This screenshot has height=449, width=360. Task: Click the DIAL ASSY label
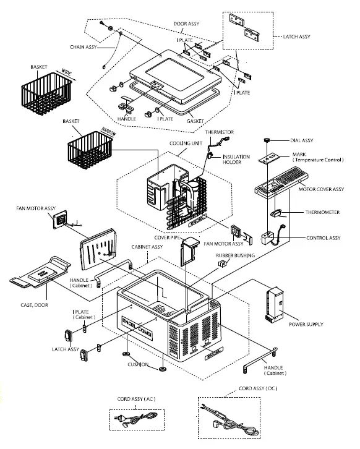(302, 140)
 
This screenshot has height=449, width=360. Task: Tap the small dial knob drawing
(267, 140)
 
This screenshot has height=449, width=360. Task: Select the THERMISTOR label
(220, 132)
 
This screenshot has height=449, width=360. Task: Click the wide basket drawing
(46, 93)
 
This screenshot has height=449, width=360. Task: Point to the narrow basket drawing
(90, 150)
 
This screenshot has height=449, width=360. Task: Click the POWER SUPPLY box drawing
(275, 305)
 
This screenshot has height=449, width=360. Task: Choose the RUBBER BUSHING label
(235, 255)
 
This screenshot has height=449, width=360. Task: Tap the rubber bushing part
(223, 263)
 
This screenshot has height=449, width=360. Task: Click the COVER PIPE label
(167, 237)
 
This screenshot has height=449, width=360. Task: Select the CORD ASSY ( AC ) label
(136, 399)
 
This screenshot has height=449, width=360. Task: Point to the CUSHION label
(138, 364)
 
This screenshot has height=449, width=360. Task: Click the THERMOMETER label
(322, 212)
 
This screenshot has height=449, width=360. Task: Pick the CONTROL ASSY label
(324, 237)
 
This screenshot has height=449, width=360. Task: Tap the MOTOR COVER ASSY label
(321, 189)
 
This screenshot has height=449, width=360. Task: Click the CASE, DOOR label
(34, 305)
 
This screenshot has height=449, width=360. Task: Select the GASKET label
(195, 121)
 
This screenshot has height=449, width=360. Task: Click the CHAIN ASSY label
(84, 47)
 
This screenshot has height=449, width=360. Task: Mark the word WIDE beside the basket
(66, 72)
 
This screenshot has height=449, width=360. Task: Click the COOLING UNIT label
(186, 143)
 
